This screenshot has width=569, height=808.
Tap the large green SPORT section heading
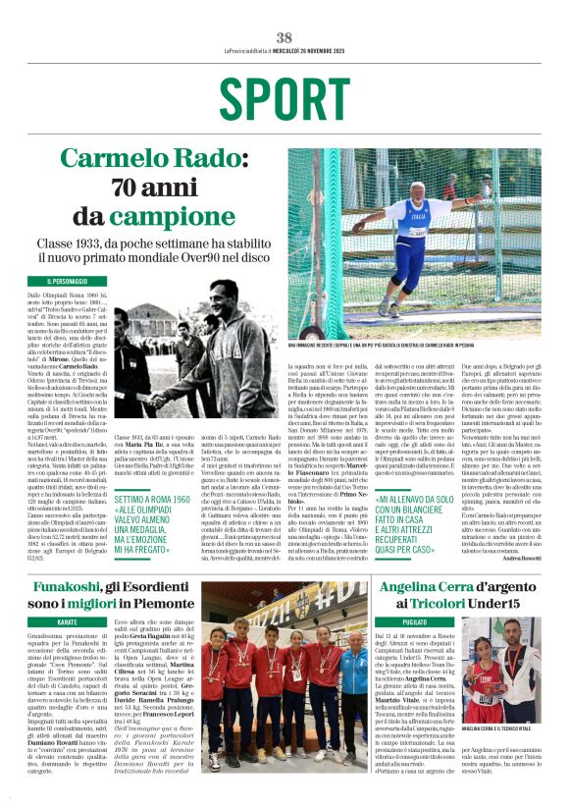284,97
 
